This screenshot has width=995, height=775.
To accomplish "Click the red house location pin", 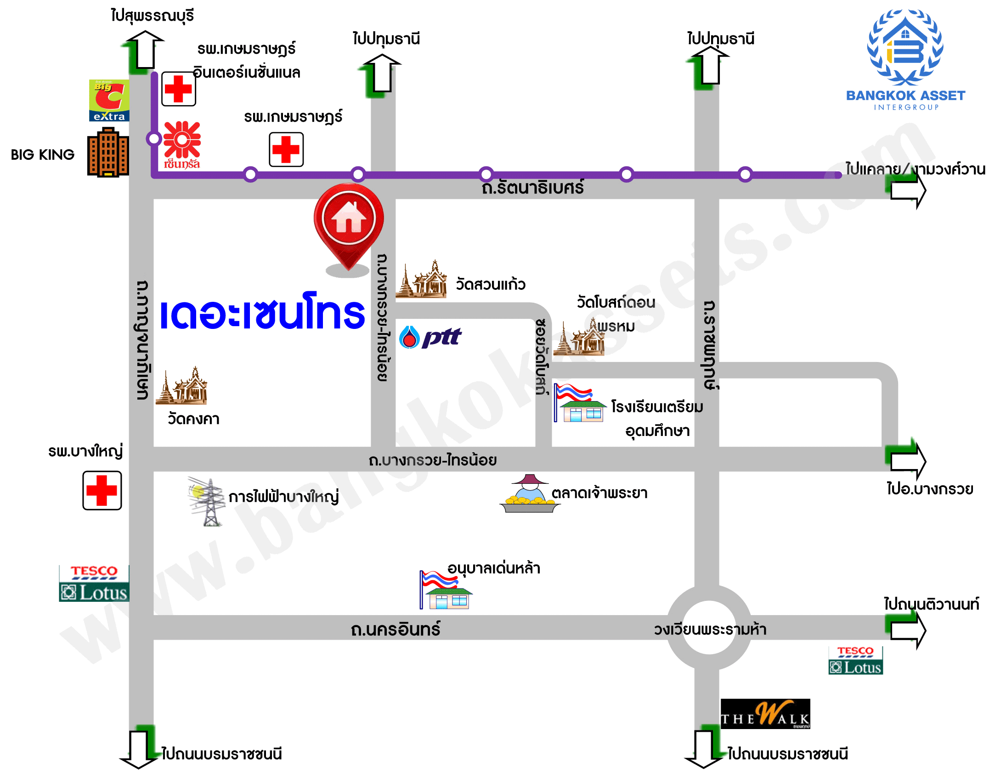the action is click(349, 221).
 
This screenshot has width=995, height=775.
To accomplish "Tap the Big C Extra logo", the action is click(109, 101).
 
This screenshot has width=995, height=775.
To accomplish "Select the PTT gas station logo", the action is click(430, 338).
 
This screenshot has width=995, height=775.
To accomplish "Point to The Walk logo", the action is click(765, 714).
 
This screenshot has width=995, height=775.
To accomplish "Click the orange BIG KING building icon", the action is click(108, 153).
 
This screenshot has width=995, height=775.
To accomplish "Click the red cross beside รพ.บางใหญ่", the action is click(102, 491).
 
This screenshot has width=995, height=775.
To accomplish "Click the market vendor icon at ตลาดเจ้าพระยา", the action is click(530, 494).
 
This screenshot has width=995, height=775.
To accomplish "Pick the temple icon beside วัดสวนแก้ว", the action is click(422, 280).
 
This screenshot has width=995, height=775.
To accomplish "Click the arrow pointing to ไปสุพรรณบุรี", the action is click(145, 49).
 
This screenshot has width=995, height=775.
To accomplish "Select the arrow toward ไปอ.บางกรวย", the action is click(907, 460).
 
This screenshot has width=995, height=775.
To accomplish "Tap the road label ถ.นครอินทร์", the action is click(395, 629).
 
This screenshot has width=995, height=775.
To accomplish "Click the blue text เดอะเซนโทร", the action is click(262, 312).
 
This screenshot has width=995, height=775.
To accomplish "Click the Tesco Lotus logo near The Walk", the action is click(855, 661).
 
